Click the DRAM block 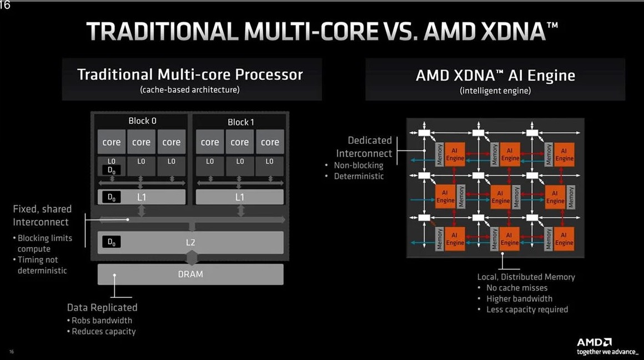(190, 274)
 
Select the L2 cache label (190, 242)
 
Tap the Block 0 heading (142, 121)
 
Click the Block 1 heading (241, 122)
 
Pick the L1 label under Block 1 (239, 197)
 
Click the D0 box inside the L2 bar (111, 242)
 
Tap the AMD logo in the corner (594, 342)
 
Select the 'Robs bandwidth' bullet (102, 321)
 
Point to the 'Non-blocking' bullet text (359, 165)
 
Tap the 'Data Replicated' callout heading (102, 307)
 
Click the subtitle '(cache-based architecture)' (190, 89)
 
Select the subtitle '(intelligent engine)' (495, 91)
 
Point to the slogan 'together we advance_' (607, 352)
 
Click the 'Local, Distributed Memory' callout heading (526, 277)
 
